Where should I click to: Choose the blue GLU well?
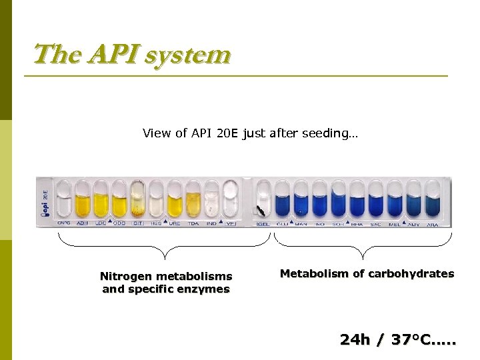click(x=283, y=200)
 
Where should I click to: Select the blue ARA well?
click(x=432, y=200)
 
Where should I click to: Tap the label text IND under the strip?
click(x=212, y=223)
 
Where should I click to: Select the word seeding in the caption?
click(x=333, y=133)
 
